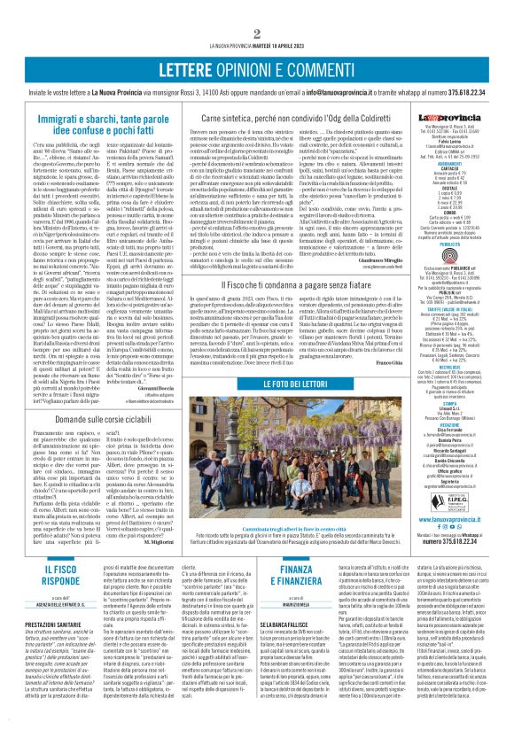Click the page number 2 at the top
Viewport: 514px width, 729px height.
256,8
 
